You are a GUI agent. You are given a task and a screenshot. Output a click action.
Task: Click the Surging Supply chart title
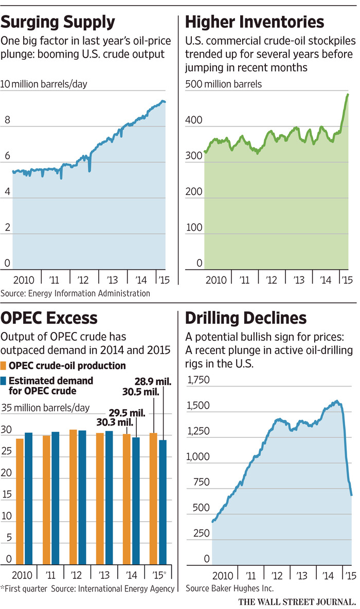[x=58, y=22]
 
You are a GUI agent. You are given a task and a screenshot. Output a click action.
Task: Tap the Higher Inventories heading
[x=254, y=22]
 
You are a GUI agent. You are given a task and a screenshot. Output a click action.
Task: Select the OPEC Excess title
[x=49, y=318]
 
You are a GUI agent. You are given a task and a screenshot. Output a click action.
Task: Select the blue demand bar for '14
[x=136, y=501]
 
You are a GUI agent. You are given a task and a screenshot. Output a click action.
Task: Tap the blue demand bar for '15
[x=163, y=502]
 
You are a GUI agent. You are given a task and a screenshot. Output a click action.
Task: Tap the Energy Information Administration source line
[x=76, y=293]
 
